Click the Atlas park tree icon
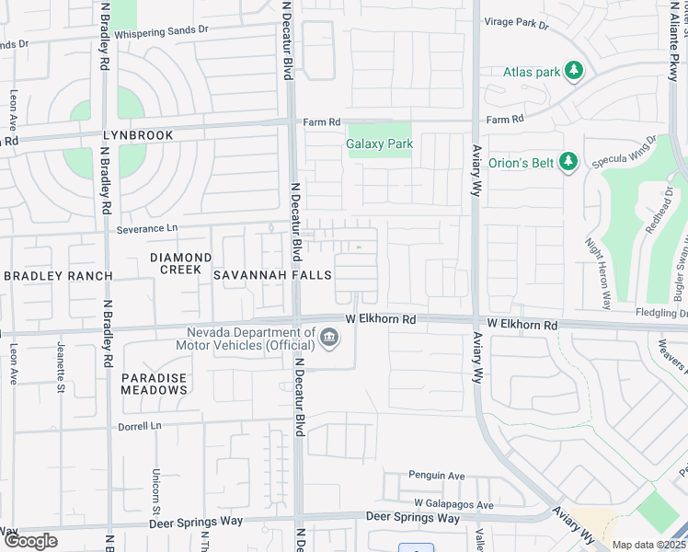tap(574, 71)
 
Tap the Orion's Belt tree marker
tap(568, 162)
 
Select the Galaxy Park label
tap(379, 144)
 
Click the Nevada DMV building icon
tap(328, 341)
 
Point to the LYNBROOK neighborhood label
tap(138, 135)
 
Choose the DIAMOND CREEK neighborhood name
tap(180, 264)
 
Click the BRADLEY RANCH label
tap(58, 276)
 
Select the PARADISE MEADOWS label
tap(154, 384)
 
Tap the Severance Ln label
tap(146, 227)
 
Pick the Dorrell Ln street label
tap(139, 427)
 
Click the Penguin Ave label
tap(438, 477)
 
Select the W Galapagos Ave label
tap(453, 504)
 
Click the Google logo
tap(30, 541)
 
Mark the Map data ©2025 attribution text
tap(648, 545)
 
